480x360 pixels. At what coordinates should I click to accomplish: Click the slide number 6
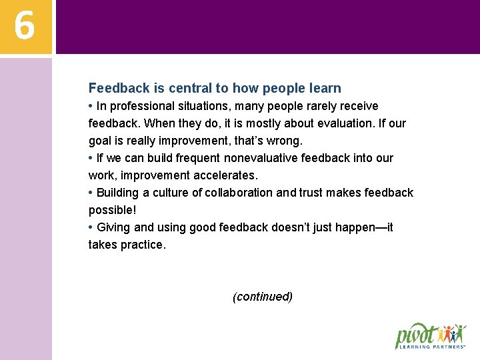(25, 26)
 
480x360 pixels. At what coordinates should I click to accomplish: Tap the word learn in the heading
(325, 88)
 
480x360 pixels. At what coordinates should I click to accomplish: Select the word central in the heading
(190, 88)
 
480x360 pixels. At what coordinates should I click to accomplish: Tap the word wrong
(285, 141)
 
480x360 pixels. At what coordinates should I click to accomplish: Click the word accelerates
(225, 175)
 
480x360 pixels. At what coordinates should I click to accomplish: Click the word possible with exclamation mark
(112, 210)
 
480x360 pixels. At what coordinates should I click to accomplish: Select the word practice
(142, 245)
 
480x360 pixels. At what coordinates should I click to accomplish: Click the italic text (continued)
(263, 297)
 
